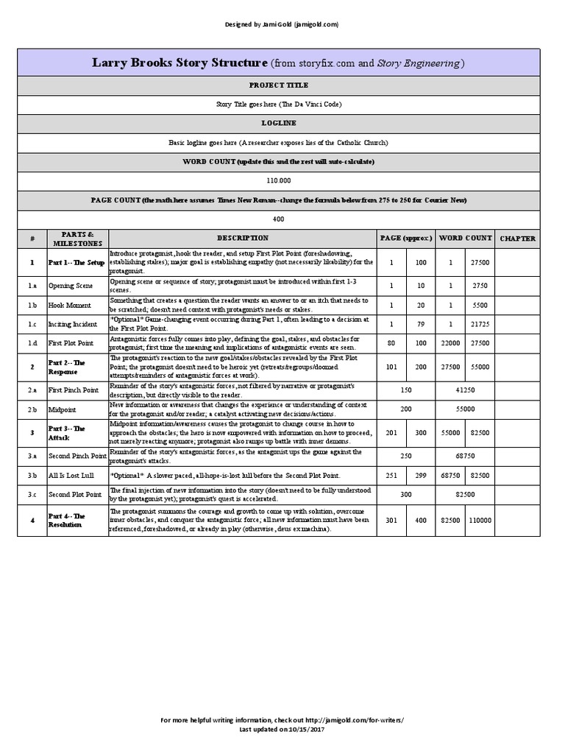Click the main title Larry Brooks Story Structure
[x=278, y=63]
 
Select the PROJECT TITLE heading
[x=278, y=85]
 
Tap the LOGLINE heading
[x=278, y=123]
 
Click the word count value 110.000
[x=278, y=180]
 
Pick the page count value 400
[x=278, y=219]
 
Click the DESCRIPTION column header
[x=243, y=239]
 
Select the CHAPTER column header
[x=518, y=239]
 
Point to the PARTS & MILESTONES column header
[x=78, y=239]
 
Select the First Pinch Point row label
[x=74, y=390]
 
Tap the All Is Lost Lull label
[x=72, y=476]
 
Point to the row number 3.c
[x=32, y=495]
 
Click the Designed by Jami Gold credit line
[x=282, y=24]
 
